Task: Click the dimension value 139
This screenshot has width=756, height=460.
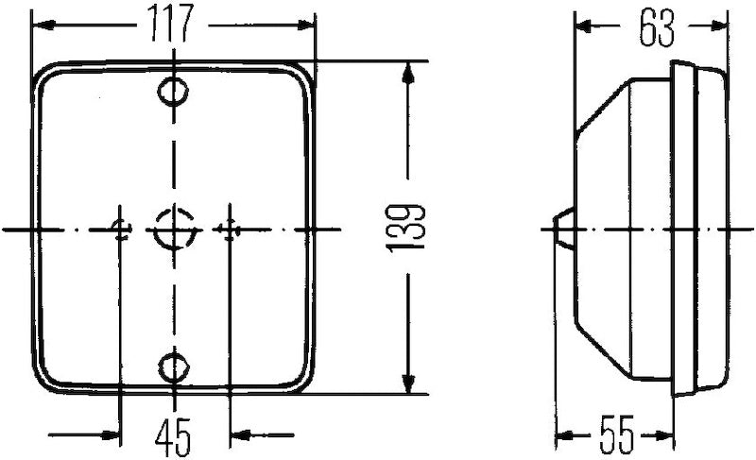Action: coord(406,229)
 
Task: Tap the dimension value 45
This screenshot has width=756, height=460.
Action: coord(175,435)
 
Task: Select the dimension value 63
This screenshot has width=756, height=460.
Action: coord(656,27)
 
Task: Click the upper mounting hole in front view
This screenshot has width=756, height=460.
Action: coord(173,92)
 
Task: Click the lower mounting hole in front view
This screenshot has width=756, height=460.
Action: coord(173,366)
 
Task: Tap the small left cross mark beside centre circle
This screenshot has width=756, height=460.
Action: coord(121,229)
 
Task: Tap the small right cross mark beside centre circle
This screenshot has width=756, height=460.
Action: coord(227,229)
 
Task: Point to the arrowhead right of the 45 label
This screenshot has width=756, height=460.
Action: coord(240,435)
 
